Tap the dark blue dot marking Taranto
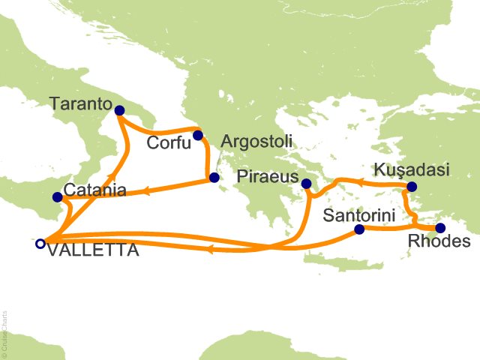119,110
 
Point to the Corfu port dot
198,136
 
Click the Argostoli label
256,141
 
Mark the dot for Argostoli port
214,178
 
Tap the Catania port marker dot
58,197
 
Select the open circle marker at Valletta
40,243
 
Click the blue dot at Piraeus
306,183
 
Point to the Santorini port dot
358,229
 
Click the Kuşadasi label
414,169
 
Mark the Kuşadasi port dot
411,187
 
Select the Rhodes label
439,241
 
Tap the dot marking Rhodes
441,228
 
